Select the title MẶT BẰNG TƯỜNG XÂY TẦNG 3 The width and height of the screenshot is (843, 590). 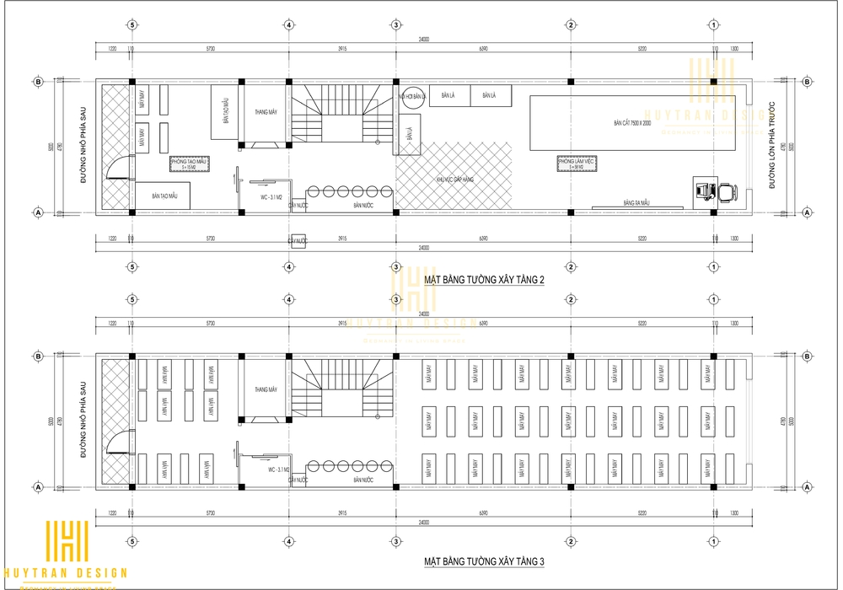(485, 560)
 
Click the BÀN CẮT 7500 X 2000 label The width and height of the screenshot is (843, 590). (632, 124)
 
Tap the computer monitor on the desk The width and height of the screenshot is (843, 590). (701, 190)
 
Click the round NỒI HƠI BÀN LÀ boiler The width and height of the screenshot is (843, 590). (411, 97)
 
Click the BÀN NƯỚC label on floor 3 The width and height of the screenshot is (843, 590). (362, 480)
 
